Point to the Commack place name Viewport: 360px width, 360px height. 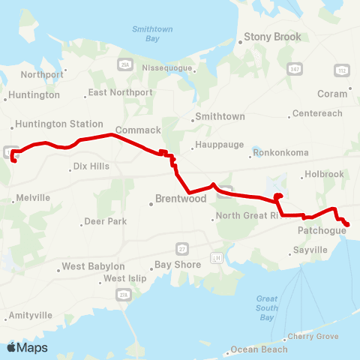click(138, 130)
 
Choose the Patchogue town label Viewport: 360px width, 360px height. click(322, 230)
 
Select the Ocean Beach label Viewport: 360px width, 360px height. click(259, 349)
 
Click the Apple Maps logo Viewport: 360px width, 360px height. click(27, 347)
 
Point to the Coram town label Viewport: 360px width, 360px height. click(332, 94)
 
